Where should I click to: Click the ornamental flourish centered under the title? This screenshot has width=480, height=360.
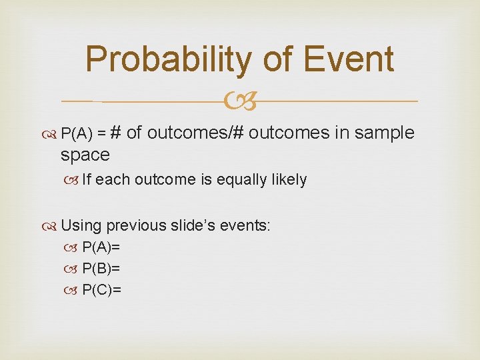[x=239, y=102]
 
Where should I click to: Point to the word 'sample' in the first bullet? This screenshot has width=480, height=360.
[x=385, y=133]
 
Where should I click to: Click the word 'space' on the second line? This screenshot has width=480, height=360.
[x=85, y=155]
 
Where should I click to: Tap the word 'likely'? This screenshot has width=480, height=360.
[x=287, y=179]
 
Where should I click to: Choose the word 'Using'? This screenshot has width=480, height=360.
[x=81, y=225]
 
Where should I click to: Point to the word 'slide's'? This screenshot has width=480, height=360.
[x=194, y=225]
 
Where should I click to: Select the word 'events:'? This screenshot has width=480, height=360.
[x=248, y=225]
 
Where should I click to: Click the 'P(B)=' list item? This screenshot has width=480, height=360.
[x=101, y=269]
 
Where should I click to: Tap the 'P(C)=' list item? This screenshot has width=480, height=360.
[x=101, y=289]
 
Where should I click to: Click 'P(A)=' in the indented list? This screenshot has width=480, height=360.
[x=101, y=248]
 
